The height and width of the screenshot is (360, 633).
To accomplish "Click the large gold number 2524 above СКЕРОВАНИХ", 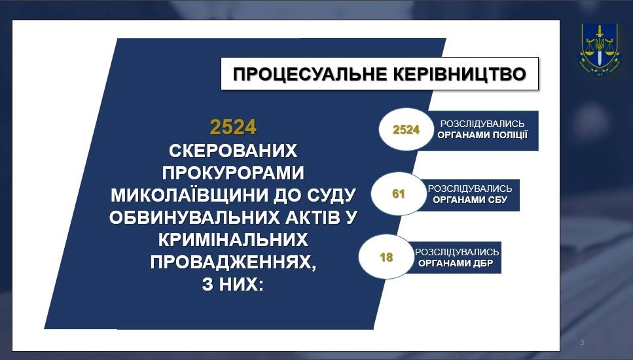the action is [x=233, y=127].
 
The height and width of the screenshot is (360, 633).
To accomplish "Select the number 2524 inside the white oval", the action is [x=406, y=130].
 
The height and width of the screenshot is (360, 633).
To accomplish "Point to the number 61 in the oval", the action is [x=398, y=194].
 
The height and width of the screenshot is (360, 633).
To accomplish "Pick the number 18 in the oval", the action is [x=386, y=257].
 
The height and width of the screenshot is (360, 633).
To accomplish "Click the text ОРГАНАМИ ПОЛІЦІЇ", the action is [x=482, y=135].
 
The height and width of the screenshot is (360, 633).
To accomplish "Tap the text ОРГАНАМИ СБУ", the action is [x=470, y=200].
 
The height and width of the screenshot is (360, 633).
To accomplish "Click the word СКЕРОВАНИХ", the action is [x=233, y=151].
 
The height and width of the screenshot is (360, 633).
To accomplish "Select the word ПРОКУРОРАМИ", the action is [x=233, y=173].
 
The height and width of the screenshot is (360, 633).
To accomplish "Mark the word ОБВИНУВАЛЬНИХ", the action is [x=192, y=217].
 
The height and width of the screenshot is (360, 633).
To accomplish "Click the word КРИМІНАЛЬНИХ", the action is [x=233, y=240].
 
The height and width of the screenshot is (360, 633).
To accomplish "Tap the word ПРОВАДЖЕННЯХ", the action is [x=233, y=262].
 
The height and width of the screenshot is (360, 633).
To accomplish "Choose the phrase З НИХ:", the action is [x=232, y=285].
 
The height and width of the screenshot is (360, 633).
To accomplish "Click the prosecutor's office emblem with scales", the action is [x=599, y=48].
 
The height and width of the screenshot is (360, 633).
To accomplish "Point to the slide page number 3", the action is [x=582, y=342].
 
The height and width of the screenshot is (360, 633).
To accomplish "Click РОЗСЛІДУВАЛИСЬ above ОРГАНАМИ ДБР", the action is [x=457, y=252].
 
